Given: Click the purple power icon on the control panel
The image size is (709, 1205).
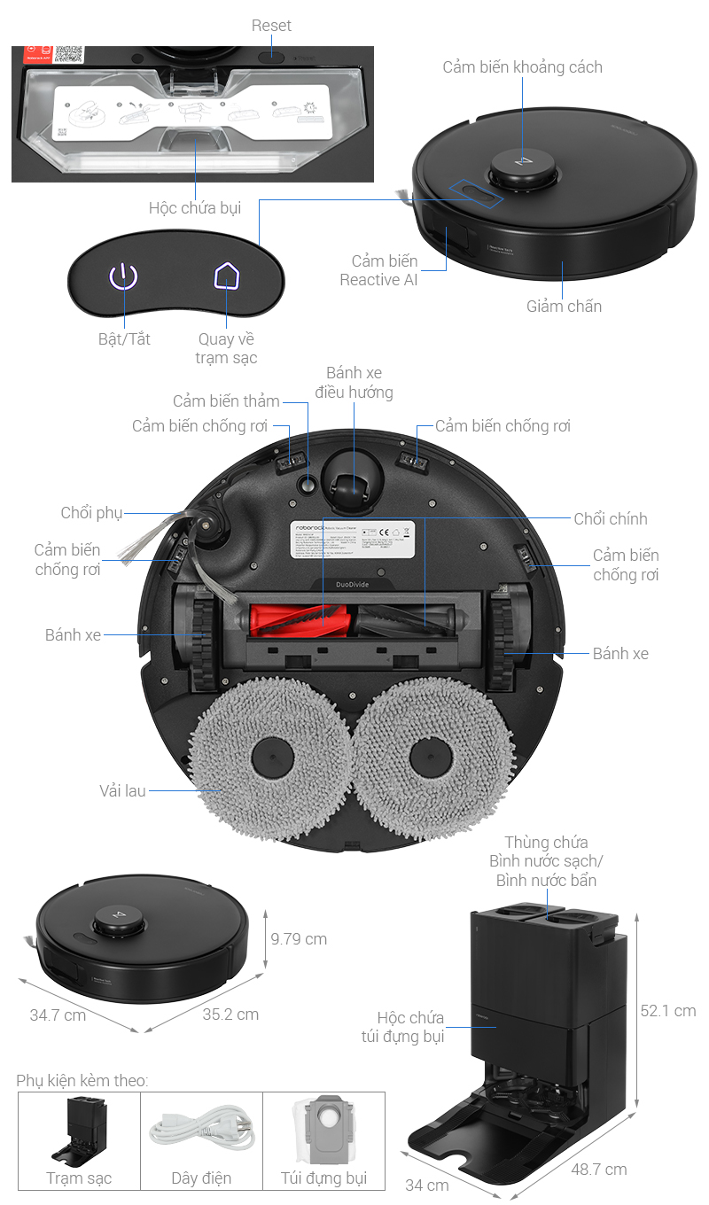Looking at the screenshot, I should [124, 277].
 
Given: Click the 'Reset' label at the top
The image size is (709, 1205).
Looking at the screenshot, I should [271, 26].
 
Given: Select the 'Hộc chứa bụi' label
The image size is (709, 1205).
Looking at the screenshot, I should [195, 208].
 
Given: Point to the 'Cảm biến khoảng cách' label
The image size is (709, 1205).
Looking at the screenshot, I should [522, 67].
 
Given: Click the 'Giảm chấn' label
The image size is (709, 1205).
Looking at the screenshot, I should [564, 307].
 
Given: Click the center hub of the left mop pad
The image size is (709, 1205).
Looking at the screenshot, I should [273, 760].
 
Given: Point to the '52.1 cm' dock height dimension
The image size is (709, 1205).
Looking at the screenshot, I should [667, 1011].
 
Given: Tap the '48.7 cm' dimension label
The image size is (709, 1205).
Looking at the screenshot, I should [598, 1170].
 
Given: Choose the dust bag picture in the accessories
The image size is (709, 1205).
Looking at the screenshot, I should [323, 1130].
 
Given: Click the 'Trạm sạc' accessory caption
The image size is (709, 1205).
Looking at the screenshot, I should [79, 1178].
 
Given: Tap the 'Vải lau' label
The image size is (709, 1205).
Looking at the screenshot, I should [122, 790].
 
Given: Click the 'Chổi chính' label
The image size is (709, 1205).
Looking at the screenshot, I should [611, 519].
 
